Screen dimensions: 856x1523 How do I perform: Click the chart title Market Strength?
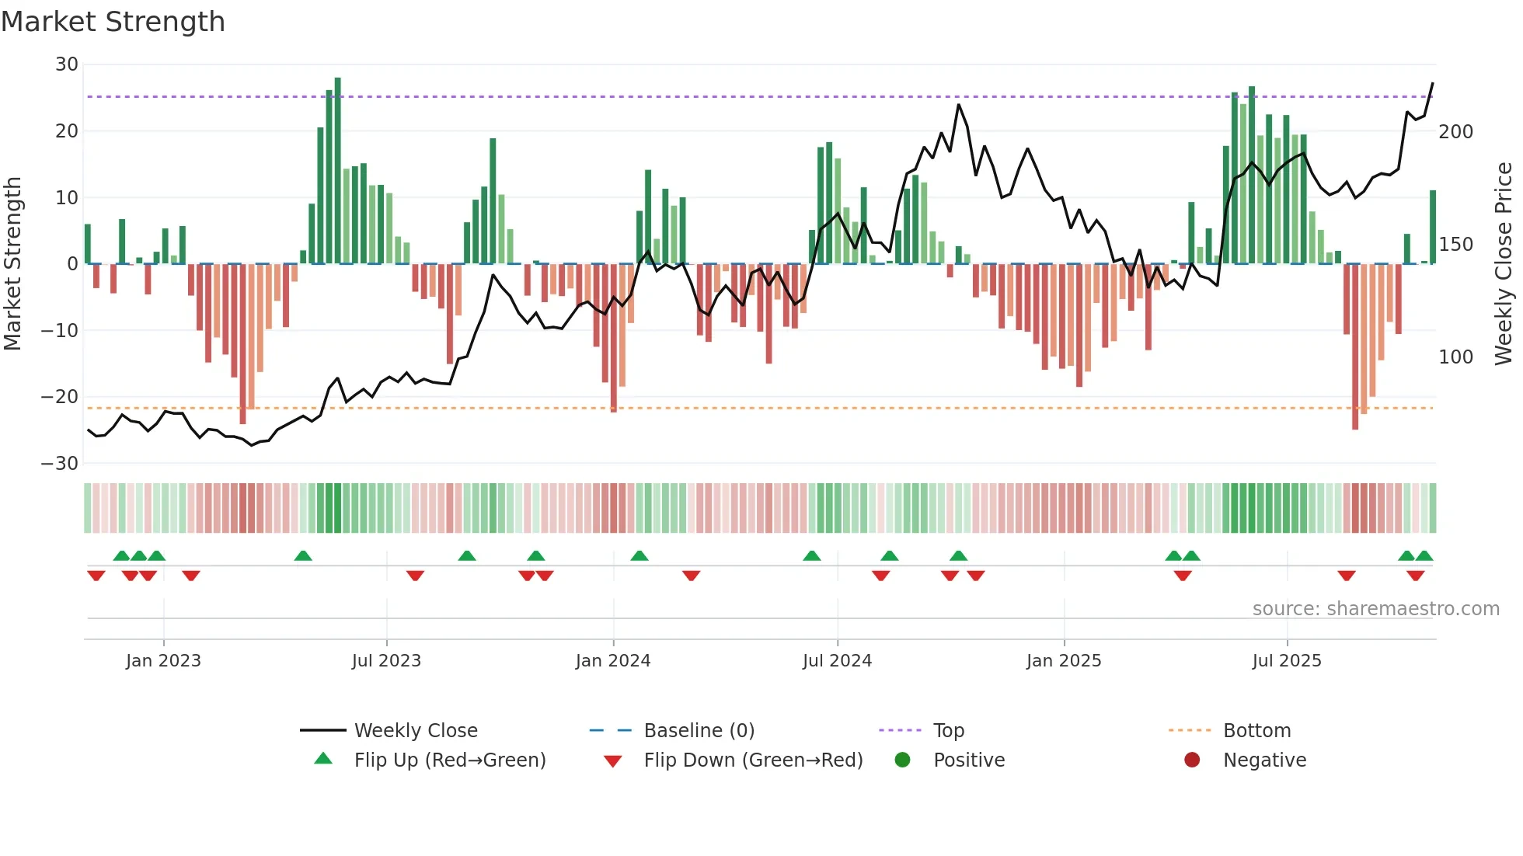click(x=113, y=22)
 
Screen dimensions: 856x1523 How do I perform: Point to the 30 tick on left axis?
click(x=67, y=64)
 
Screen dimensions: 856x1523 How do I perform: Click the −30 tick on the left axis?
click(x=60, y=464)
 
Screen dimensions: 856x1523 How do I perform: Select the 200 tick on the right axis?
click(x=1455, y=132)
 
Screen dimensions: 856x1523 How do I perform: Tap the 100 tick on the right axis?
click(x=1455, y=357)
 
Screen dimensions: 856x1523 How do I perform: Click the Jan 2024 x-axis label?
click(x=612, y=661)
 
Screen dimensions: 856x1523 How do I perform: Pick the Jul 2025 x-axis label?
click(x=1286, y=661)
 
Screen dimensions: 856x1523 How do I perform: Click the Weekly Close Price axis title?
click(x=1504, y=264)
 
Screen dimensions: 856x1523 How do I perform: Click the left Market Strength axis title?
click(x=13, y=264)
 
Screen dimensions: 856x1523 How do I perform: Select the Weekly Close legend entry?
click(x=415, y=731)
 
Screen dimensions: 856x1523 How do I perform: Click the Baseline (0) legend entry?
click(x=699, y=731)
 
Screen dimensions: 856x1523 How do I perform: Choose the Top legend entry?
click(x=948, y=731)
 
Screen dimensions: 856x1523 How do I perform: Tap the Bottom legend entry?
click(x=1256, y=731)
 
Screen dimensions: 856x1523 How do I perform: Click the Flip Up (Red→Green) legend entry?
click(x=449, y=760)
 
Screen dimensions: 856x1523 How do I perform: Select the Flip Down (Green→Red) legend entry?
click(x=752, y=760)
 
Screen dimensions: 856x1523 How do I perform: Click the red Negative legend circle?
click(x=1192, y=760)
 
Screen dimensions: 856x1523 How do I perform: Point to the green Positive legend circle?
click(x=902, y=760)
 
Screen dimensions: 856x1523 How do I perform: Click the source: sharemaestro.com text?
click(x=1375, y=609)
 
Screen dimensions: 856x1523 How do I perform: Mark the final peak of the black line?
click(x=1432, y=83)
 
